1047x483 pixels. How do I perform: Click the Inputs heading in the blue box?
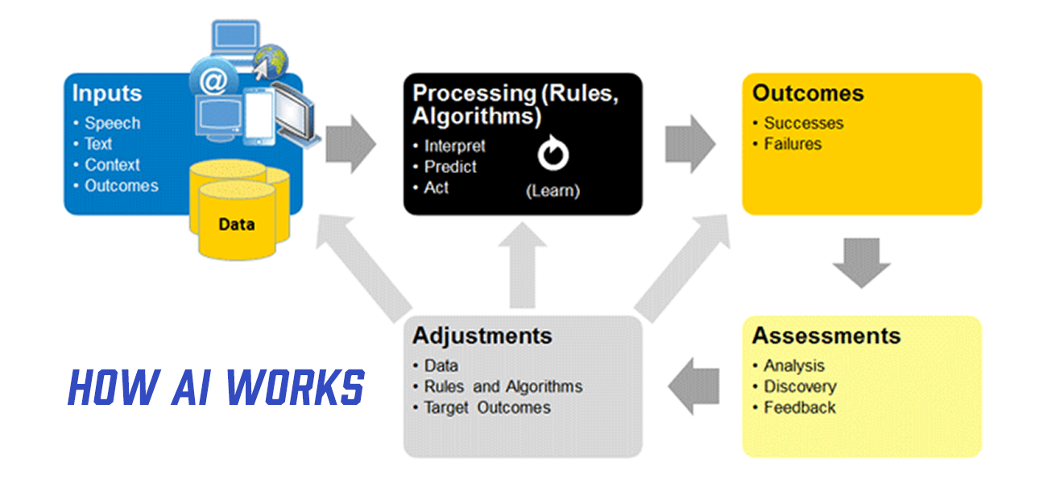pyautogui.click(x=107, y=93)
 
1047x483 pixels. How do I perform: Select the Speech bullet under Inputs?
pyautogui.click(x=112, y=123)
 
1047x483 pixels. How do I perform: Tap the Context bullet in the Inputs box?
pyautogui.click(x=112, y=165)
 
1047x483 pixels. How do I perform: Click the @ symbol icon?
pyautogui.click(x=213, y=80)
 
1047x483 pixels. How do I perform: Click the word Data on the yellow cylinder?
pyautogui.click(x=236, y=224)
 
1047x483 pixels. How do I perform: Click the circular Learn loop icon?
pyautogui.click(x=552, y=156)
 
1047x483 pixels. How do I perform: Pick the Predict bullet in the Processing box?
pyautogui.click(x=450, y=167)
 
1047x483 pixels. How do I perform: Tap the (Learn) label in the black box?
pyautogui.click(x=552, y=192)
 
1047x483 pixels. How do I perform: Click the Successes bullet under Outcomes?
pyautogui.click(x=803, y=123)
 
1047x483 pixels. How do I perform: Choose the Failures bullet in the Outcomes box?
pyautogui.click(x=792, y=144)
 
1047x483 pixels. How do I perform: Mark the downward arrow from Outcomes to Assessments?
pyautogui.click(x=862, y=262)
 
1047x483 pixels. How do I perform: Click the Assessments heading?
pyautogui.click(x=826, y=336)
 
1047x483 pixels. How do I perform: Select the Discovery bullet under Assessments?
pyautogui.click(x=800, y=386)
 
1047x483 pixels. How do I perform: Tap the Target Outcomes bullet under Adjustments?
pyautogui.click(x=487, y=407)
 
